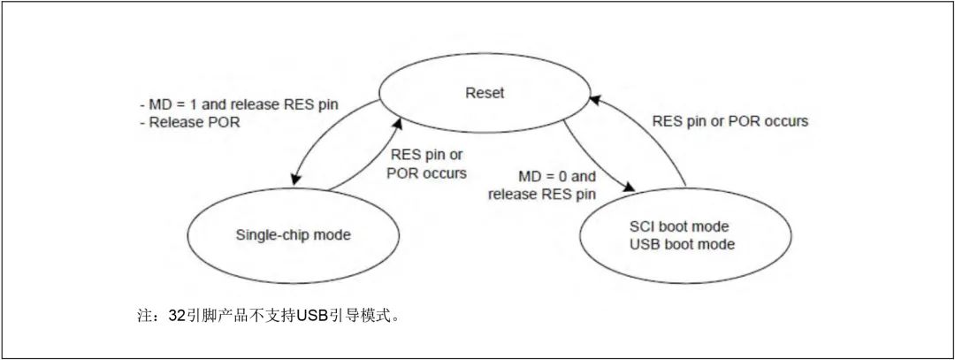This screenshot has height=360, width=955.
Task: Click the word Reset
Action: click(x=485, y=91)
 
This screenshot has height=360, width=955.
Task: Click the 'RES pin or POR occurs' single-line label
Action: click(x=730, y=121)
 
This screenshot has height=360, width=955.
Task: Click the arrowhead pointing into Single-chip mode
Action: click(x=294, y=180)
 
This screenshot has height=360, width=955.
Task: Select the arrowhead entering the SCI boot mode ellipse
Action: click(x=631, y=189)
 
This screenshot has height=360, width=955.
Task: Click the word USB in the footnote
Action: click(x=311, y=315)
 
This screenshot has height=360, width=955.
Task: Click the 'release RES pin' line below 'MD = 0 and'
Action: click(x=541, y=194)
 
